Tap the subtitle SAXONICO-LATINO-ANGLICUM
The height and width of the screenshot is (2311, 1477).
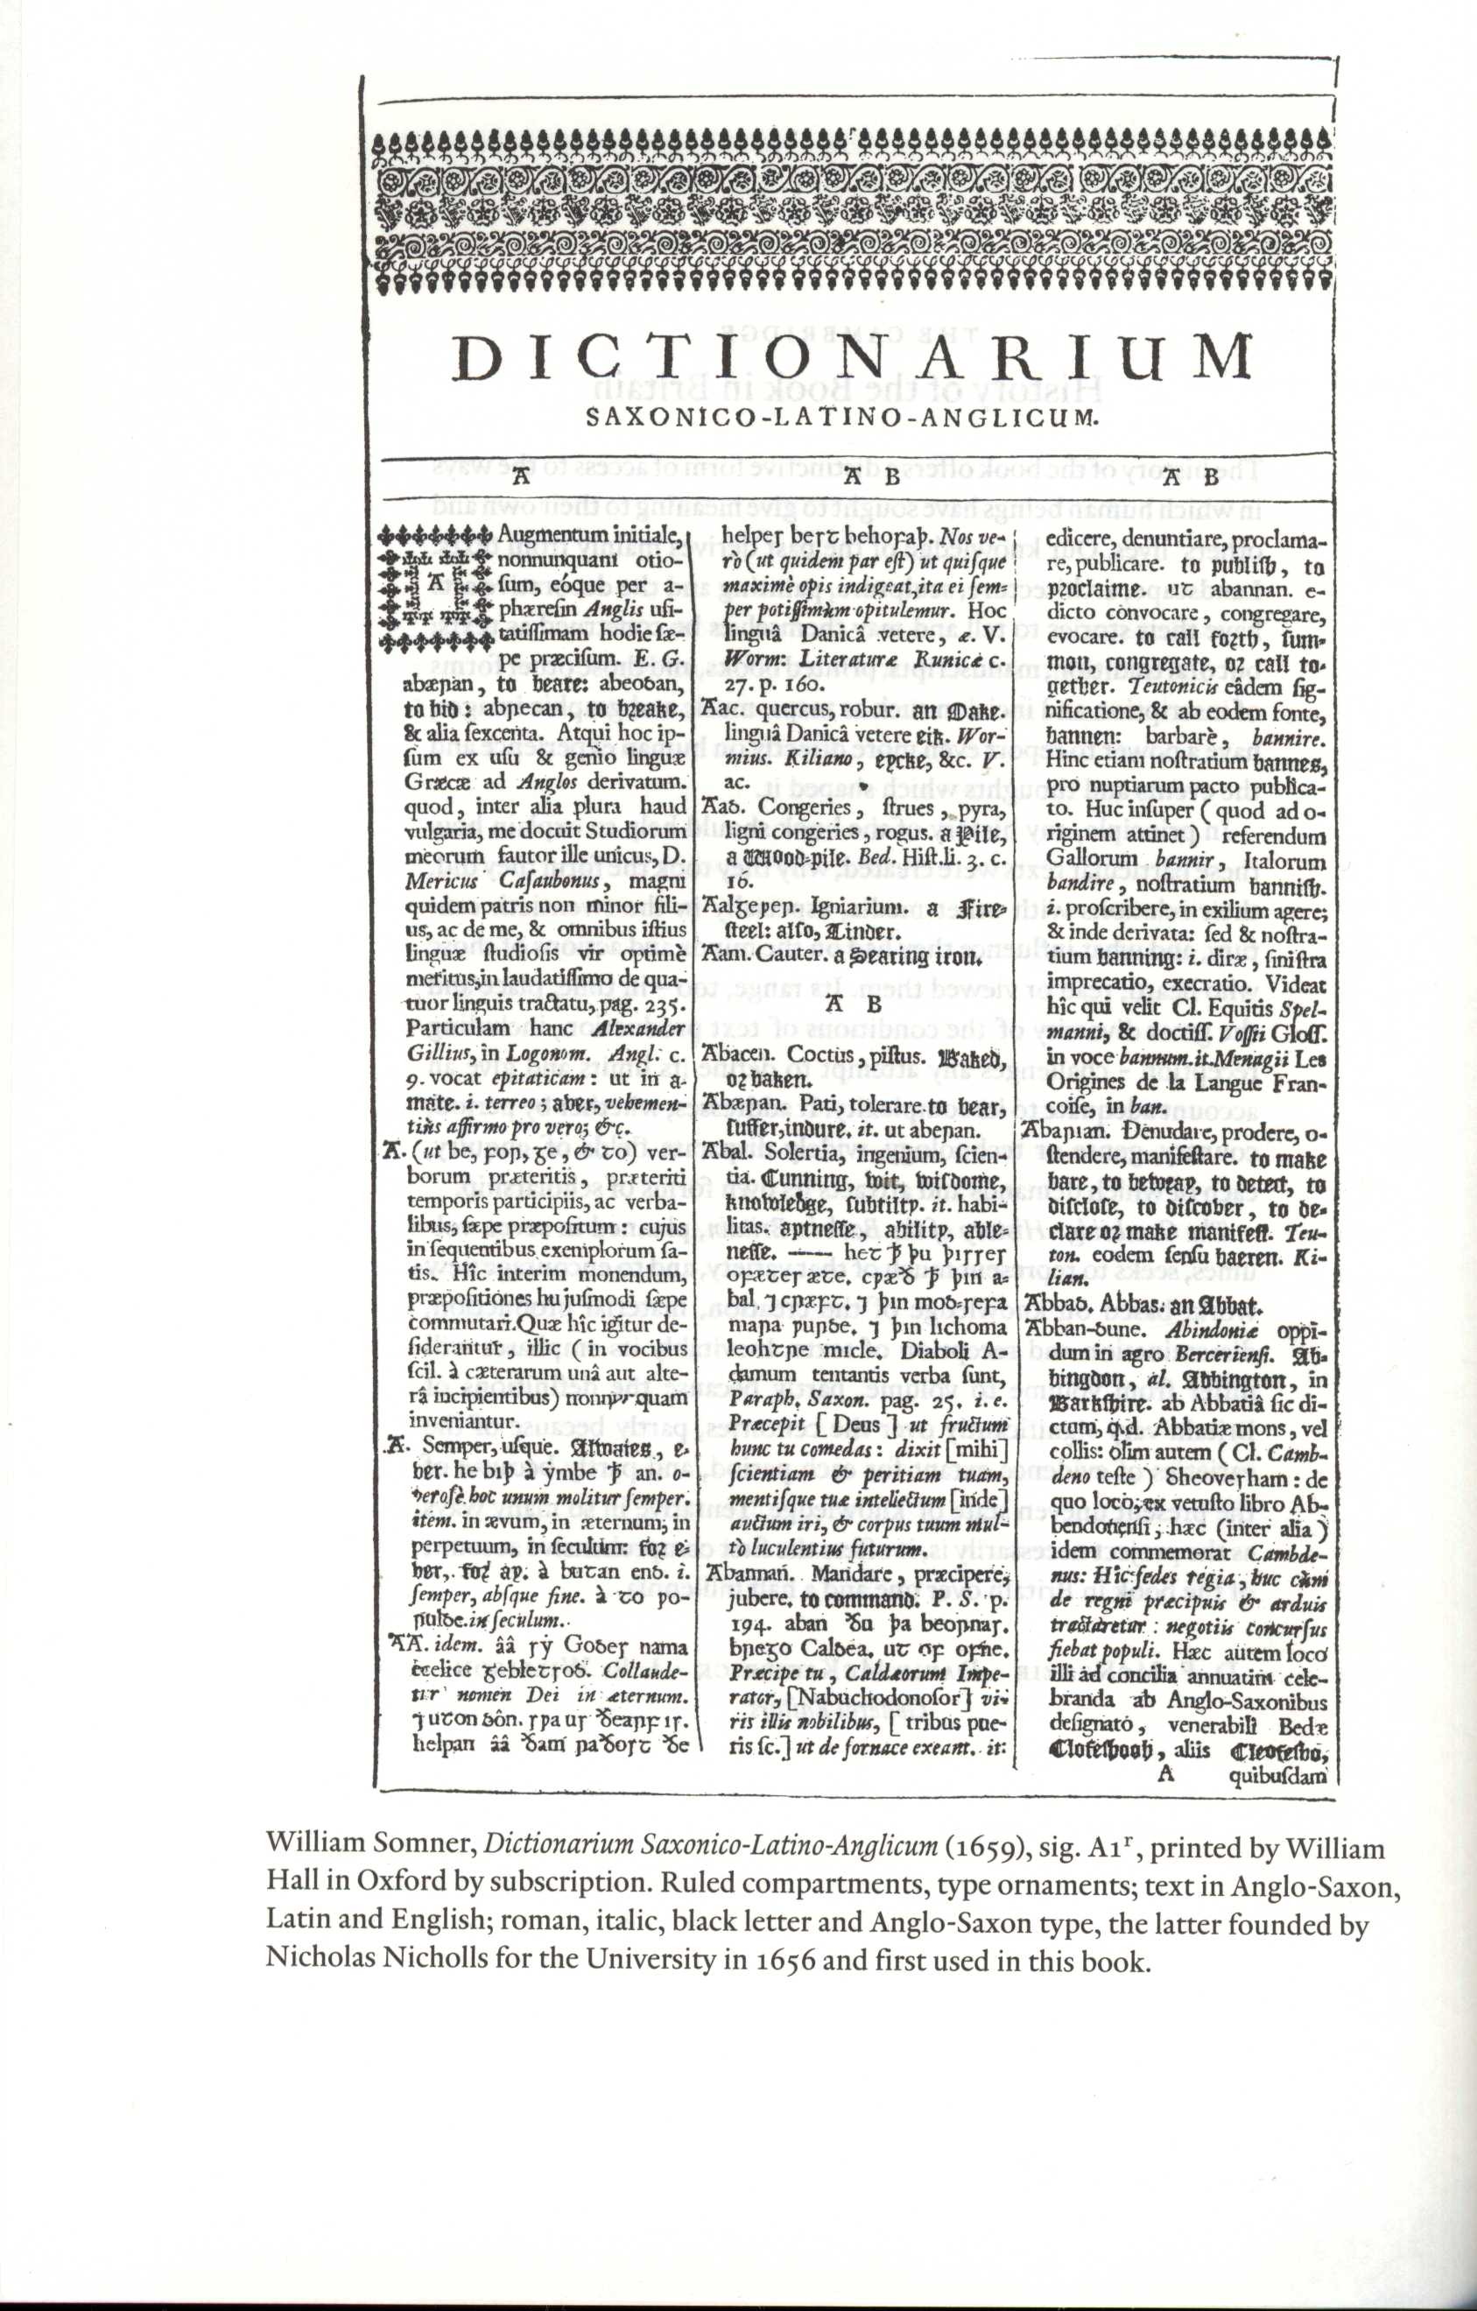tap(840, 418)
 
